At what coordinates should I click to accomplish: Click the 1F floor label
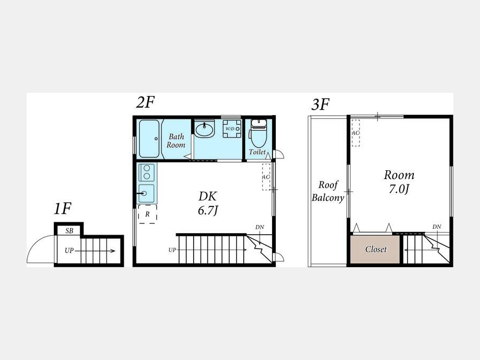[62, 209]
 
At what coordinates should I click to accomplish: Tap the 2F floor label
[145, 102]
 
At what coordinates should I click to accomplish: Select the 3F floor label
[320, 104]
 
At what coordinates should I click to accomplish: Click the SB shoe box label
[69, 231]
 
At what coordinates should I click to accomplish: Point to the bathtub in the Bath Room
[149, 138]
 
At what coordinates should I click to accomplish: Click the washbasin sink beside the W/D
[204, 129]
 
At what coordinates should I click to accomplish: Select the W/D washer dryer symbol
[232, 129]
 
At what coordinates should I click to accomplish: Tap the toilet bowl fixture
[258, 133]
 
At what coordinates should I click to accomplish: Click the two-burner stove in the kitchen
[147, 172]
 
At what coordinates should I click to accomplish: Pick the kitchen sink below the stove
[147, 194]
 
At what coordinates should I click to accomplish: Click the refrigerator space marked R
[148, 214]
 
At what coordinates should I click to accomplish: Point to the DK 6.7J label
[208, 203]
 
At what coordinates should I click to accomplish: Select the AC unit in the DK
[266, 177]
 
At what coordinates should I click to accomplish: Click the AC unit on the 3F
[355, 133]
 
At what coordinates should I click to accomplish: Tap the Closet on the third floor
[375, 249]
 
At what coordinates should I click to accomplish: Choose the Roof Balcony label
[328, 191]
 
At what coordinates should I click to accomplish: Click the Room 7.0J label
[399, 182]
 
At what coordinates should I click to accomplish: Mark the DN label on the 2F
[260, 227]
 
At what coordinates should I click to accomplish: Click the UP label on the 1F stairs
[69, 251]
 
